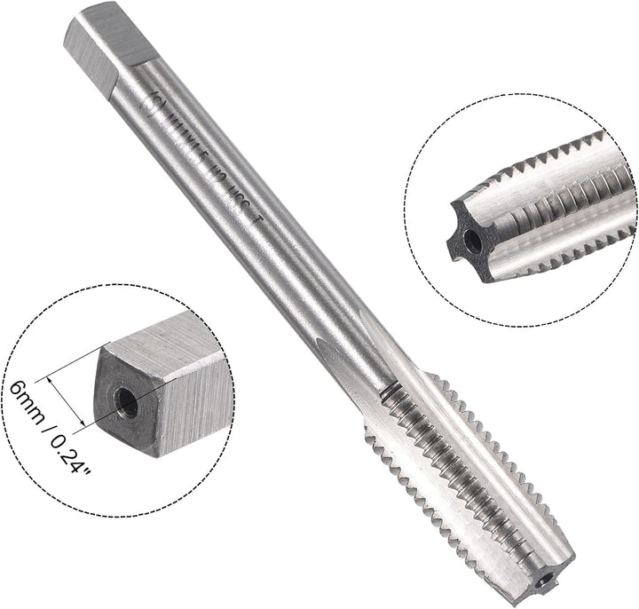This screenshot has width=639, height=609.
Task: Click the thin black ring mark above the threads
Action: point(388,391)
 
